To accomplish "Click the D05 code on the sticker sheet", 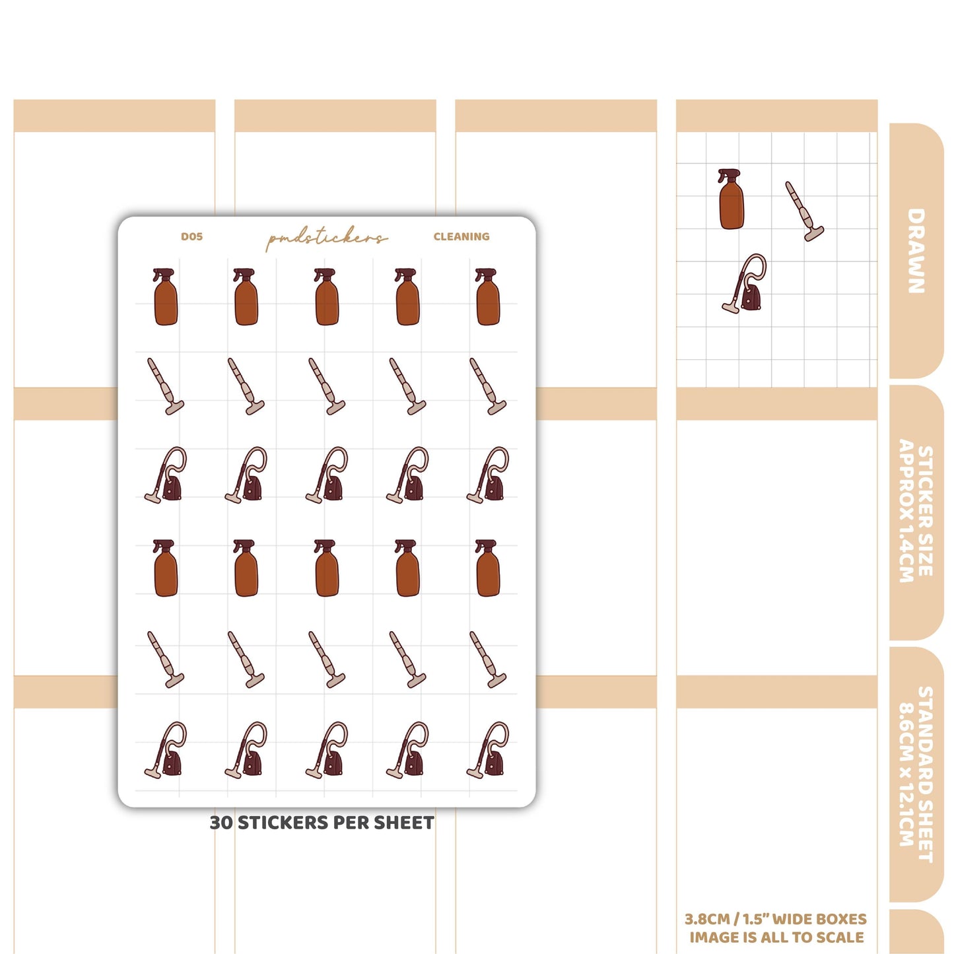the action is coord(191,236).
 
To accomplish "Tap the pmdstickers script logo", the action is coord(326,240).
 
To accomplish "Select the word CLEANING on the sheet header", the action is coord(461,236).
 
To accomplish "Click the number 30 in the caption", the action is coord(221,823).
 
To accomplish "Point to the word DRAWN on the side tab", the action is coord(916,251).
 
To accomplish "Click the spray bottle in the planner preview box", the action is coord(731,199).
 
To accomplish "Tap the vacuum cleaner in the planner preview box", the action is coord(744,284).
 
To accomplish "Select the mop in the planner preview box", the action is coord(804,211).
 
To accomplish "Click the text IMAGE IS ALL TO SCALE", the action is coord(776,937).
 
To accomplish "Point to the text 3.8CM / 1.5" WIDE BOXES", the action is coord(775,919).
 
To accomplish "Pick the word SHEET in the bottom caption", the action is coord(403,823).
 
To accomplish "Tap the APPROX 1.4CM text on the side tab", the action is coord(906,511).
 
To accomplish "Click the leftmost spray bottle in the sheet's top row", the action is coord(165,296).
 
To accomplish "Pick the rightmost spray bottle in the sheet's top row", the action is coord(487,296).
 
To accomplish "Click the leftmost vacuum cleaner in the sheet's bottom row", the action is coord(165,750).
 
